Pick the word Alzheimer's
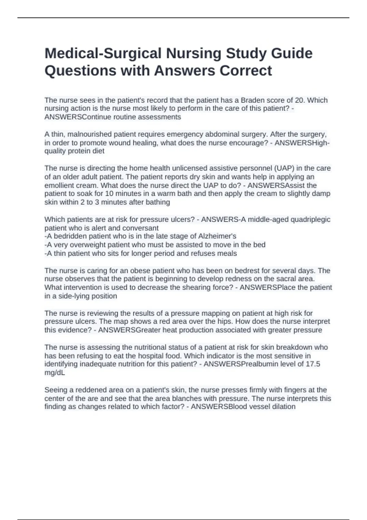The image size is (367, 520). pos(217,236)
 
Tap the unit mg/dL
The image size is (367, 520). pos(55,373)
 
